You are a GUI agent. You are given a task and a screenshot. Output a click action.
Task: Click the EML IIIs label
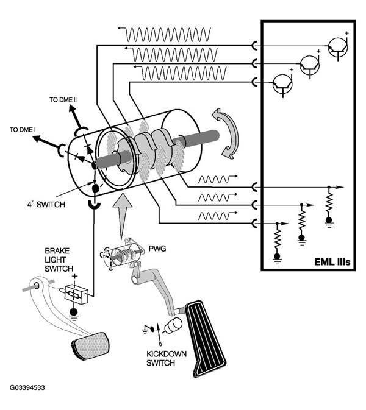click(332, 262)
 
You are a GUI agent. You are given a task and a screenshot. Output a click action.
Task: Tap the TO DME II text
click(63, 100)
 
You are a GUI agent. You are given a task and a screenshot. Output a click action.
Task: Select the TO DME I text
click(23, 129)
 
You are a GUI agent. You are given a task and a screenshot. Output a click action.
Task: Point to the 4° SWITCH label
click(46, 204)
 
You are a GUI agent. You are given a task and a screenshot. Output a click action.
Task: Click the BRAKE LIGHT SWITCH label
click(59, 260)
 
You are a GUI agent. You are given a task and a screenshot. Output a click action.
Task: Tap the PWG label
click(157, 249)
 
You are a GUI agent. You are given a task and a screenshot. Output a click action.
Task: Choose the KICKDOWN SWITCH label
click(167, 358)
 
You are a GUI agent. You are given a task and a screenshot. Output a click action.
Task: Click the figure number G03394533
click(27, 387)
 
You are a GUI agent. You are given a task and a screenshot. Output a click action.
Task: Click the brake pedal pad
click(90, 345)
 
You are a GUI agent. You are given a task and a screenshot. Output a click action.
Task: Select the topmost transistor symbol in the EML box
click(339, 47)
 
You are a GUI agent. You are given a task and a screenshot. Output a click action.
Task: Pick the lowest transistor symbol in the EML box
click(283, 83)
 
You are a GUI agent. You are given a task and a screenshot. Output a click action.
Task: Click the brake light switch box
click(76, 294)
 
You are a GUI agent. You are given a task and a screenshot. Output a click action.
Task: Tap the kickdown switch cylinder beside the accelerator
click(173, 325)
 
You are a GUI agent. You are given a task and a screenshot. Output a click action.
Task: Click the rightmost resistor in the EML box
click(329, 203)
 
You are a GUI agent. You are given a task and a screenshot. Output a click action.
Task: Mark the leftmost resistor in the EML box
click(278, 239)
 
